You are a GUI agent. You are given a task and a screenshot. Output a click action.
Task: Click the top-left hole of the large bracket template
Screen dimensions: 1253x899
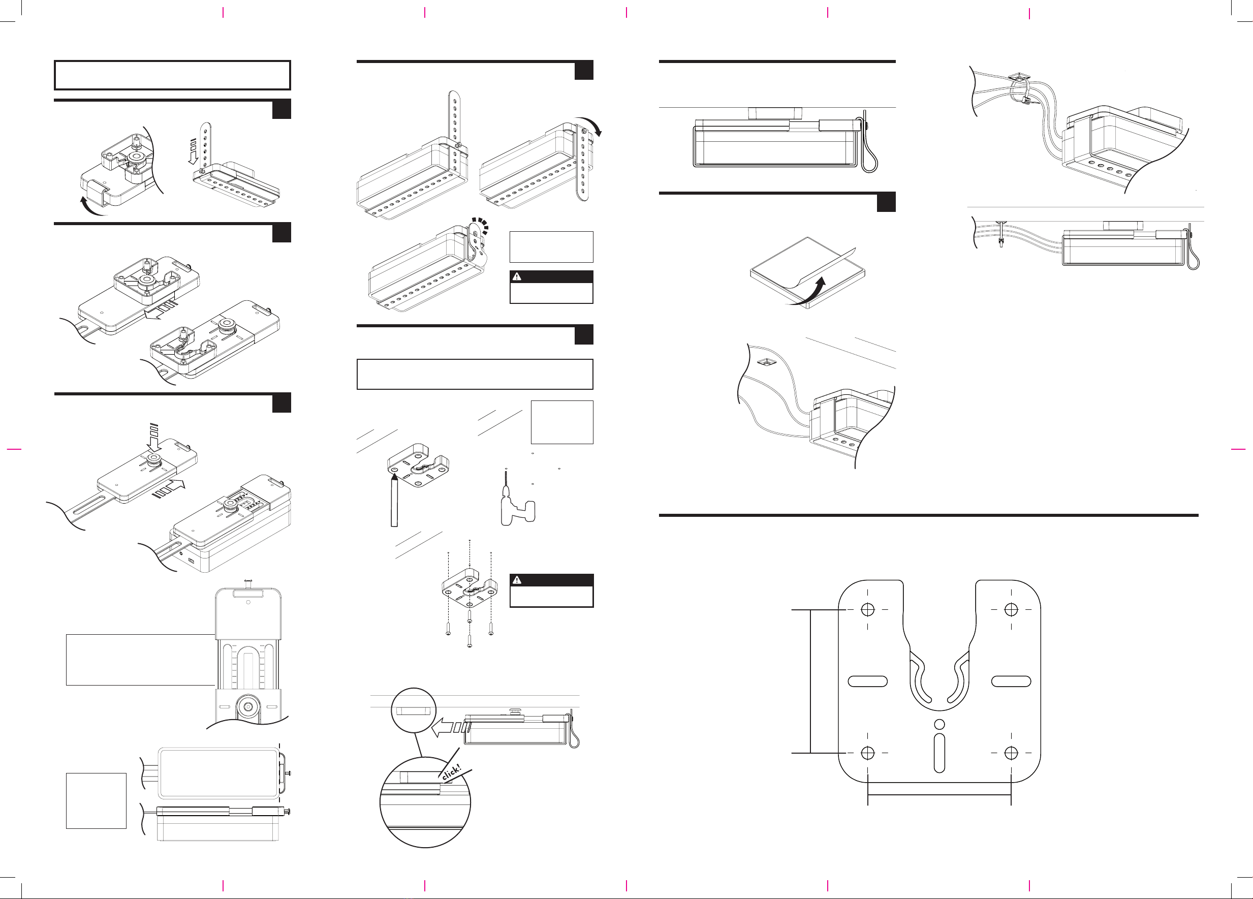[867, 609]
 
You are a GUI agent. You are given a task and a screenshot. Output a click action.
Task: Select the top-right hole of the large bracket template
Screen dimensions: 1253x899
[1011, 609]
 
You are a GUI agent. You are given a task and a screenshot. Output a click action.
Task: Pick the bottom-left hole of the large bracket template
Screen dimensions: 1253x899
[867, 753]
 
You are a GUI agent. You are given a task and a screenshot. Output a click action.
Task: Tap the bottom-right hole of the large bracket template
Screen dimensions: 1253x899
[1011, 753]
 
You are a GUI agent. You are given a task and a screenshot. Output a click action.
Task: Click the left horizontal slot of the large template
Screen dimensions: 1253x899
[867, 681]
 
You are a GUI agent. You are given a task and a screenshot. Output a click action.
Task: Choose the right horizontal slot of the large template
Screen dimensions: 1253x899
[1011, 681]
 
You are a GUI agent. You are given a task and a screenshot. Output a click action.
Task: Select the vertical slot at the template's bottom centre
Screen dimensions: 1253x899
[938, 752]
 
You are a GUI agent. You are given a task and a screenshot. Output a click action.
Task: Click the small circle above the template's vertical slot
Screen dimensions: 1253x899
[938, 724]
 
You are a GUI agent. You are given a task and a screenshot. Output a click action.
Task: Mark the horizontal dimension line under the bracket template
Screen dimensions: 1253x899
[939, 795]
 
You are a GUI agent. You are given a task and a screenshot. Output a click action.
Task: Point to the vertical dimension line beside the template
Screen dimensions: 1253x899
[810, 681]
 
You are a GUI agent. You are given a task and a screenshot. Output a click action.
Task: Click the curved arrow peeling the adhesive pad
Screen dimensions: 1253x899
[809, 293]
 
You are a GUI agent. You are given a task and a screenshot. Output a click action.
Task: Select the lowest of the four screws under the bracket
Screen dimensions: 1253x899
[469, 641]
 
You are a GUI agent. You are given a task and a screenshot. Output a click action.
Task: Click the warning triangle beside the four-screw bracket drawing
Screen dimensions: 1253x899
[517, 580]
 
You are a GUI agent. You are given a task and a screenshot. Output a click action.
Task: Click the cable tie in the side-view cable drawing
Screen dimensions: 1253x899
[1000, 234]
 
